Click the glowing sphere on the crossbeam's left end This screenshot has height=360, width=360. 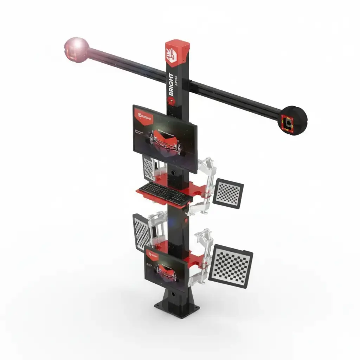point(76,49)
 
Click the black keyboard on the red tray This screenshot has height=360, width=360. point(165,193)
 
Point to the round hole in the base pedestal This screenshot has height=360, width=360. point(173,292)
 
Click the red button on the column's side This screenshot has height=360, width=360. point(185,221)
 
